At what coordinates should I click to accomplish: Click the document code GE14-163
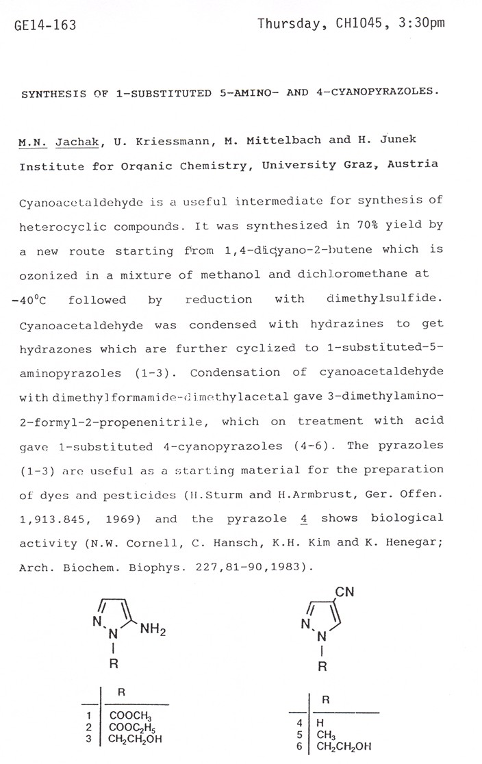point(45,26)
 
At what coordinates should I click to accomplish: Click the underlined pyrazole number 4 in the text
point(303,519)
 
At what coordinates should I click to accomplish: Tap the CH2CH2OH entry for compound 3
point(141,739)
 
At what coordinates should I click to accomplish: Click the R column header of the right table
point(327,700)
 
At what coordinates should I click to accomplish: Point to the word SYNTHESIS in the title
point(50,92)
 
